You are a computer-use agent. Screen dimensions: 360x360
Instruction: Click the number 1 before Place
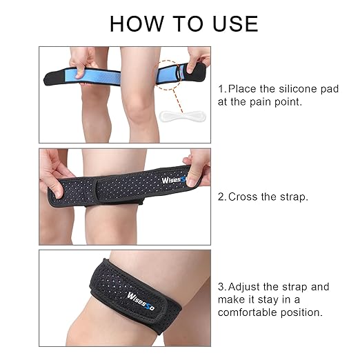(x=221, y=89)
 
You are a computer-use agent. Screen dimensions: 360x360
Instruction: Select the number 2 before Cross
(x=221, y=197)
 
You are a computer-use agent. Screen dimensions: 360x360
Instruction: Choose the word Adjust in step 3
(x=246, y=286)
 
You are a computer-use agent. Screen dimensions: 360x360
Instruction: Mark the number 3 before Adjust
(x=221, y=286)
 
